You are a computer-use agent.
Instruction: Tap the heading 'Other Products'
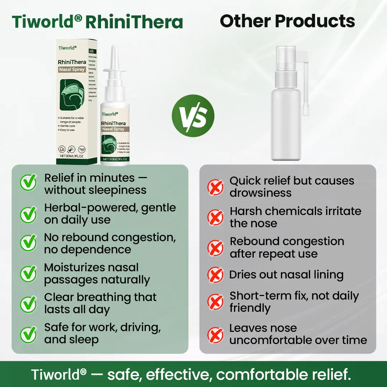click(287, 21)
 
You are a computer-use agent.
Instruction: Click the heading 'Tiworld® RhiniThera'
click(97, 22)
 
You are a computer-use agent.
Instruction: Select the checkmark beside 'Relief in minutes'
click(28, 183)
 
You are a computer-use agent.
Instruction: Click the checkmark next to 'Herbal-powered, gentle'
click(28, 214)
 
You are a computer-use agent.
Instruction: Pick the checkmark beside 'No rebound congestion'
click(28, 243)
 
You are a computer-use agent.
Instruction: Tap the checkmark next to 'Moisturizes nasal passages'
click(28, 273)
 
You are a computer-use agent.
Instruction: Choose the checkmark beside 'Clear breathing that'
click(28, 304)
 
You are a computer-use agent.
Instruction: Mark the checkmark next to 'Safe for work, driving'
click(28, 334)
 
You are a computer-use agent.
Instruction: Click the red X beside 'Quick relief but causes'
click(216, 187)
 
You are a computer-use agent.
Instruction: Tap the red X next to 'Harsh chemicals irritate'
click(216, 217)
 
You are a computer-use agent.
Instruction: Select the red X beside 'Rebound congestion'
click(216, 248)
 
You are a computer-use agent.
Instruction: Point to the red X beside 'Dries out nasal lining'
click(216, 275)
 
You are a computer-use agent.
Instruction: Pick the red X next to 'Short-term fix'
click(216, 302)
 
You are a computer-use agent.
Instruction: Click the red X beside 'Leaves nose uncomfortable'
click(216, 335)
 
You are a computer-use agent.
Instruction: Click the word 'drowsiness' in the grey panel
click(261, 193)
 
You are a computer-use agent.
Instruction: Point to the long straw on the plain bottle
click(307, 86)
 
